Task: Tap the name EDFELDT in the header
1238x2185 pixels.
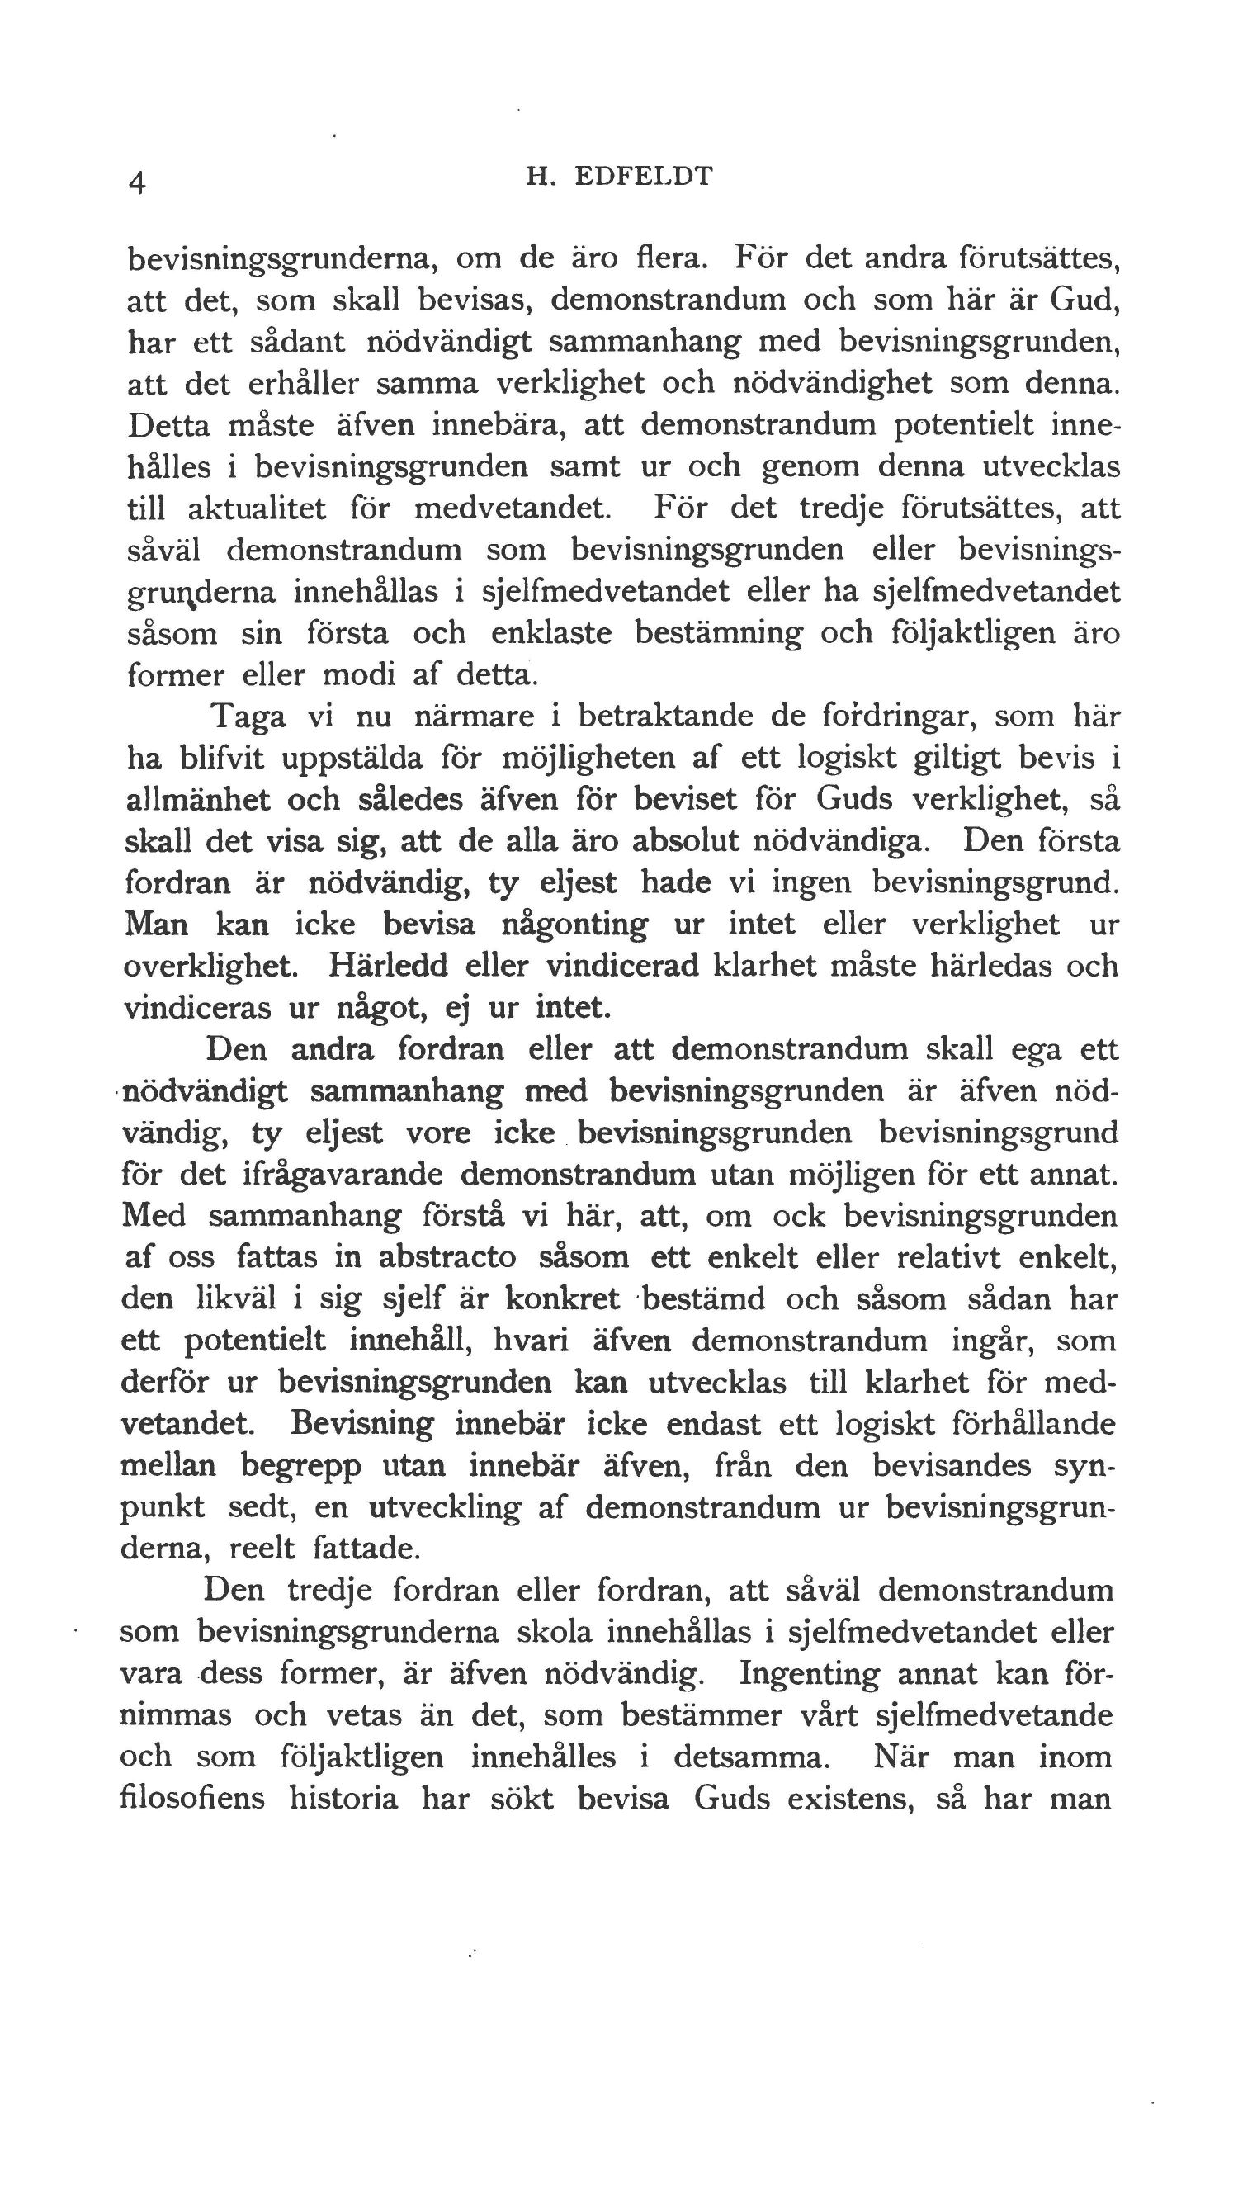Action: pyautogui.click(x=644, y=176)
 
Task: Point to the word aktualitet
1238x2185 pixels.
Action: pyautogui.click(x=256, y=508)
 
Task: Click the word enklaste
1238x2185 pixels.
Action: pyautogui.click(x=551, y=633)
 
